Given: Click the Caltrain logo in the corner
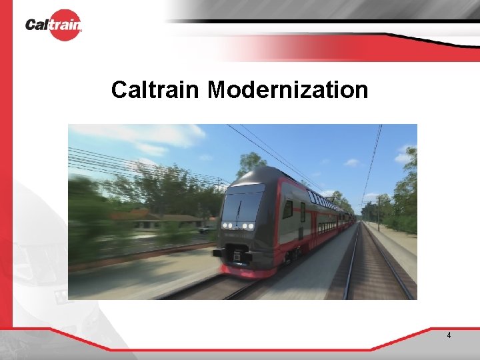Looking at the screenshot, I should click(x=53, y=25).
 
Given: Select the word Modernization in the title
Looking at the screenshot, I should click(x=287, y=89).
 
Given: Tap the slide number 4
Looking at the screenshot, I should click(x=449, y=335).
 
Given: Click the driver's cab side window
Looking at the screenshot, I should click(x=287, y=209).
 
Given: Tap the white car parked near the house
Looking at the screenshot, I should click(x=204, y=229).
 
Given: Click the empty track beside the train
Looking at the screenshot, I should click(x=373, y=267).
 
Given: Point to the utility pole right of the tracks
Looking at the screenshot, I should click(x=378, y=213).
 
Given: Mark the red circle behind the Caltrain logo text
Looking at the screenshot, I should click(x=65, y=25).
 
